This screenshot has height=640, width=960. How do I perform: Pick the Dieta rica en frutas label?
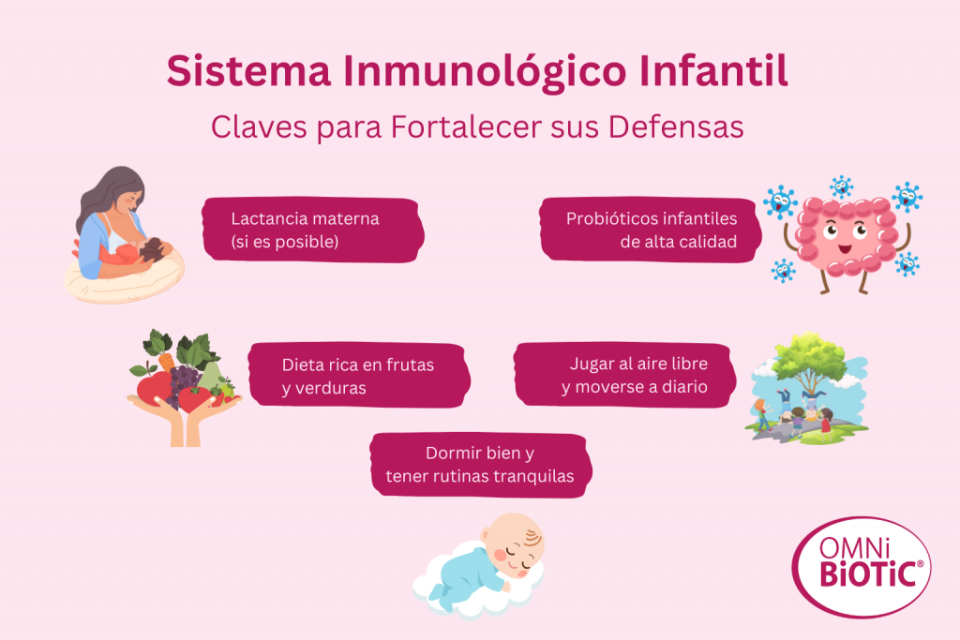[x=358, y=376]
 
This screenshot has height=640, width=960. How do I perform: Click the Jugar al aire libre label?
[x=626, y=375]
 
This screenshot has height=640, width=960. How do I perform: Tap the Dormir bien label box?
[x=480, y=465]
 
